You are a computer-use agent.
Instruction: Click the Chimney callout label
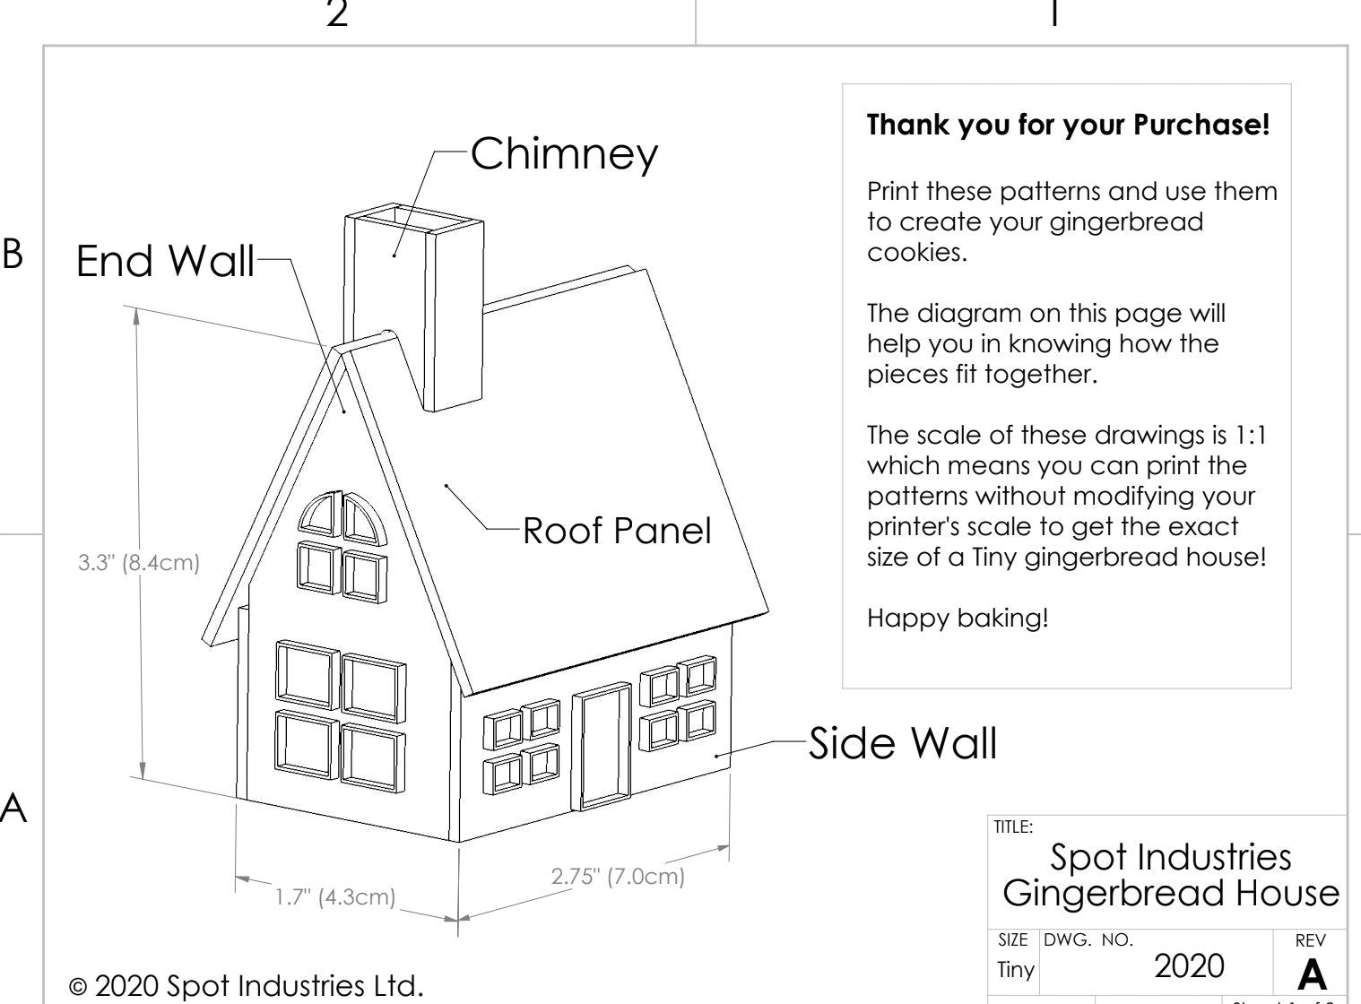click(564, 153)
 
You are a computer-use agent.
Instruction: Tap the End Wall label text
click(165, 262)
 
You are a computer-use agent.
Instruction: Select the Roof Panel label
click(617, 531)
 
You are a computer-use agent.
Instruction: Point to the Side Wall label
click(902, 743)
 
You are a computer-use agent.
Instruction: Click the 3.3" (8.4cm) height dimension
click(138, 564)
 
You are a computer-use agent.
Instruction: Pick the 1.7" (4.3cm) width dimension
click(334, 896)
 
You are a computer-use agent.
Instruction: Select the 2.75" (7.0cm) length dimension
click(618, 876)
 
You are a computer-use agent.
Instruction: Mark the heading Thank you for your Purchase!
click(1068, 125)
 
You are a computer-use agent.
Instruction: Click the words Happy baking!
click(957, 618)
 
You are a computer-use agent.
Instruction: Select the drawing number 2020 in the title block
click(1188, 965)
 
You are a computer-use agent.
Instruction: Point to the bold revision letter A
click(1312, 974)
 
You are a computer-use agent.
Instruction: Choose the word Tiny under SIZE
click(1016, 969)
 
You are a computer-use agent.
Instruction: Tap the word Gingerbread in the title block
click(1111, 893)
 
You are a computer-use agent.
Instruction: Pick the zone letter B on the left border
click(13, 255)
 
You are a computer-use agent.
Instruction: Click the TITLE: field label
click(1013, 827)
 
